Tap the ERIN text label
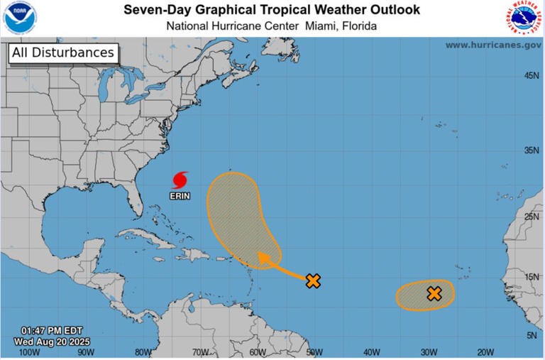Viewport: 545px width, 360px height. (180, 195)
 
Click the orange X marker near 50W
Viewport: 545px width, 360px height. (313, 280)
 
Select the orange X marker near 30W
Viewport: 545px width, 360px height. (434, 293)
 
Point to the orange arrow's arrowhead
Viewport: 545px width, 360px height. (263, 257)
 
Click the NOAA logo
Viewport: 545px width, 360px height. (19, 18)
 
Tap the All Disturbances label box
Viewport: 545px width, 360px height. (62, 53)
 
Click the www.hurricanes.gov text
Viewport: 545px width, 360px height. (493, 45)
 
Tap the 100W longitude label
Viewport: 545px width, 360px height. (28, 351)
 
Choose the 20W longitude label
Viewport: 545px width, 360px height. (485, 351)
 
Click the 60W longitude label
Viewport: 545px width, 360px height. (257, 351)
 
